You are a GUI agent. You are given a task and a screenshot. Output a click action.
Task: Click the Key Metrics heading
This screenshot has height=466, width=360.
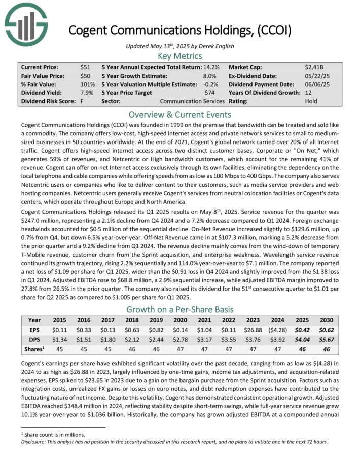click(180, 56)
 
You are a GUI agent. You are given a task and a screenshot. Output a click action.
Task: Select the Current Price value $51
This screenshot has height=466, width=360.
click(86, 67)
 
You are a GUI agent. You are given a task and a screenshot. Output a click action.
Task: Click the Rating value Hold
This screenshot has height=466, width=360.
click(311, 101)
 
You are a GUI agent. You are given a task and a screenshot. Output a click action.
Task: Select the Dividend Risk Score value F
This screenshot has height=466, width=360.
click(82, 101)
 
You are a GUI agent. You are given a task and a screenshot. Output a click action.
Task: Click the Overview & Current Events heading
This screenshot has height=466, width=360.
click(180, 114)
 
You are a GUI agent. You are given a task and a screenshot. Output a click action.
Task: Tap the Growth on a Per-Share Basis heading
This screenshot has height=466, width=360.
click(180, 309)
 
